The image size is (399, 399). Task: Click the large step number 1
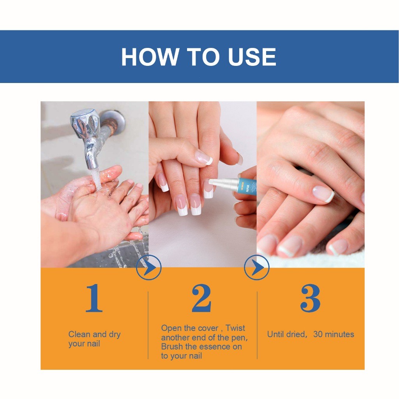[94, 298]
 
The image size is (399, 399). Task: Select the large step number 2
[201, 298]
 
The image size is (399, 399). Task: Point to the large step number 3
[310, 298]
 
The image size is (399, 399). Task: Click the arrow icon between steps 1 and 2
[148, 268]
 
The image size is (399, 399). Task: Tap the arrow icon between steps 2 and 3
[256, 268]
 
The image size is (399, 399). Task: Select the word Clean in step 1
[79, 334]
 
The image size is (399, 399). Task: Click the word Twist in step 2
[235, 328]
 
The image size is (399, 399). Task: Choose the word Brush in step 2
[172, 347]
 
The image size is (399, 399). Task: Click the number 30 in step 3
[318, 334]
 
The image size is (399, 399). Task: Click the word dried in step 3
[295, 334]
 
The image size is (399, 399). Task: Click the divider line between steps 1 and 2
[148, 325]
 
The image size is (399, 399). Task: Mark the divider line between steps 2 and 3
[257, 325]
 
